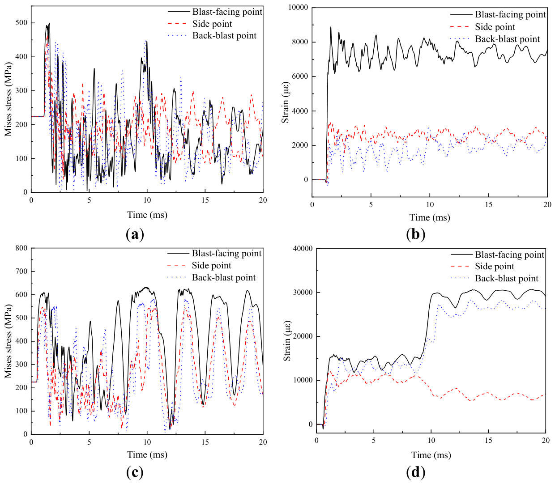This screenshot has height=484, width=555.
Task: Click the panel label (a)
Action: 135,234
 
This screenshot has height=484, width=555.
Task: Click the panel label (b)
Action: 415,234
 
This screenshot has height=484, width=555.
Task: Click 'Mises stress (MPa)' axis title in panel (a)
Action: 8,99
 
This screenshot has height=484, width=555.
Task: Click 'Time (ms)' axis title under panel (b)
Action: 430,217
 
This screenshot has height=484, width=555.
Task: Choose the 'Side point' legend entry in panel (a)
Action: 200,24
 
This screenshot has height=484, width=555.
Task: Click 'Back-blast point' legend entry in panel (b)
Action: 495,39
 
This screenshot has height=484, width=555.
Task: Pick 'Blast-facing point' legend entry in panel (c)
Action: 214,253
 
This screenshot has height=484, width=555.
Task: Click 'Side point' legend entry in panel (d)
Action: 482,267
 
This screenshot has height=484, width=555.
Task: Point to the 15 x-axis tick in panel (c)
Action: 205,442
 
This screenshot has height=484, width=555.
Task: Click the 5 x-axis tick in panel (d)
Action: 374,441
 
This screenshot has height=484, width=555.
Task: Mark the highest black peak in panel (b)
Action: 331,27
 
